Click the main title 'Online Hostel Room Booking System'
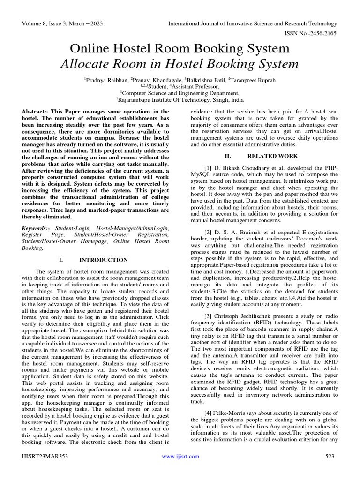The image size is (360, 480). (x=180, y=49)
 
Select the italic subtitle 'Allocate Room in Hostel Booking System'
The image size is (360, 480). (x=180, y=64)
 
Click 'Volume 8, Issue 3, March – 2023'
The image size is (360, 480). (x=62, y=23)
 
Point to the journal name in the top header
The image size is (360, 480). (x=253, y=23)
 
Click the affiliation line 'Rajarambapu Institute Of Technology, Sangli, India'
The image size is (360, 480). (x=180, y=99)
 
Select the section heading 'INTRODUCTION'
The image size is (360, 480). (x=103, y=260)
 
